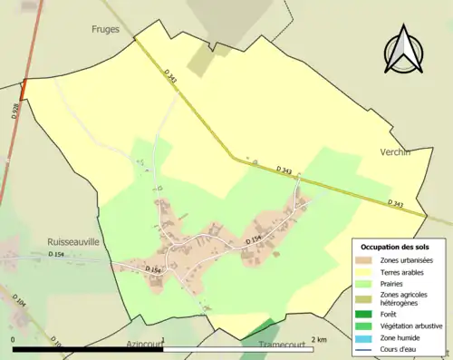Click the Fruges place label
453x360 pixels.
tap(105, 29)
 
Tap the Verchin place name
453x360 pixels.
tap(395, 152)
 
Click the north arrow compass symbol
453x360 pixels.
tap(404, 52)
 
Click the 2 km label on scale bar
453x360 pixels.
tap(318, 339)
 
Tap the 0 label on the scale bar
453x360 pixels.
tap(14, 339)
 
